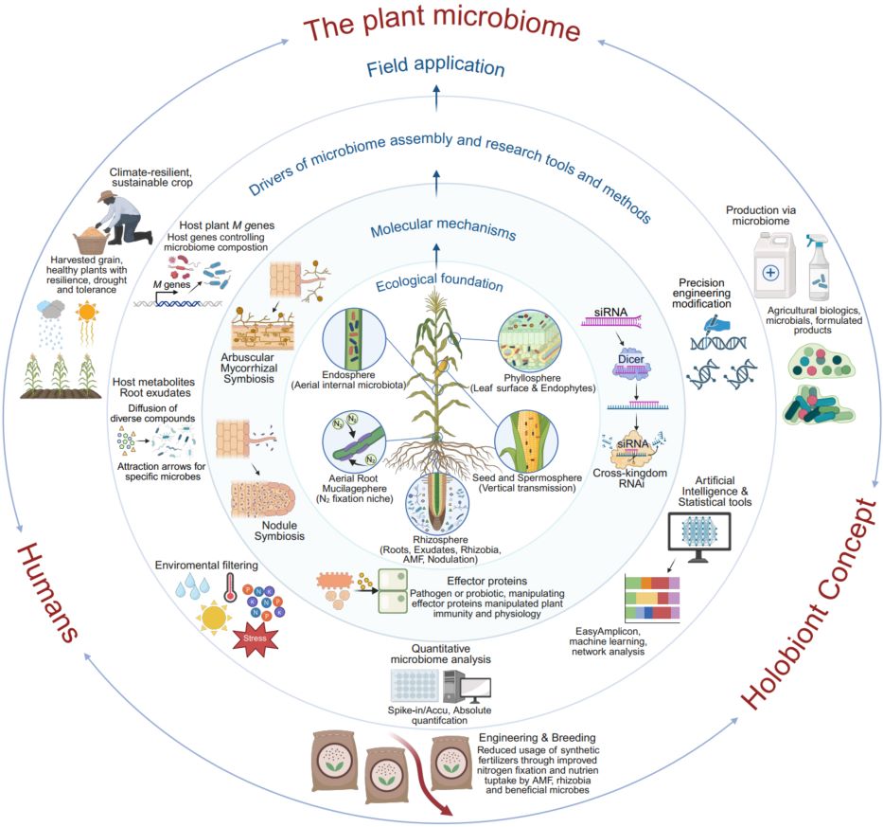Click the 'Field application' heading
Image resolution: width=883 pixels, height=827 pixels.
click(435, 66)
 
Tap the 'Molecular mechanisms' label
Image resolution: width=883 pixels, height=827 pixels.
click(443, 228)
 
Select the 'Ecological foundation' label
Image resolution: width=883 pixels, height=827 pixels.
click(439, 281)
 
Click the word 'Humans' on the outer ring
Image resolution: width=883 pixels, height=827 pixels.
click(48, 592)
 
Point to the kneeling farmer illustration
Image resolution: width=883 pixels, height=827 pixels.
click(124, 217)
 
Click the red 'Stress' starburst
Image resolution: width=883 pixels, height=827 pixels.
click(256, 638)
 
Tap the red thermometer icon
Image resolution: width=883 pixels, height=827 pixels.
click(230, 588)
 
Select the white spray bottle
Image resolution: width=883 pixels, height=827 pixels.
click(819, 267)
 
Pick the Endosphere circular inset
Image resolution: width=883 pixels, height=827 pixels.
click(354, 339)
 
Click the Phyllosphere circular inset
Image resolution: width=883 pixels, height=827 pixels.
click(530, 341)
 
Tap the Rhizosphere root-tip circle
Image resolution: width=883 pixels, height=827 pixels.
click(437, 503)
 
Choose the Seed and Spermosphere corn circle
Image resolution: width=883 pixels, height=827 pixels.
click(526, 440)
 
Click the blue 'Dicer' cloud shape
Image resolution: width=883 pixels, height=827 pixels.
click(631, 363)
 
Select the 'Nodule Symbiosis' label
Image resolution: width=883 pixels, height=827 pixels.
click(279, 530)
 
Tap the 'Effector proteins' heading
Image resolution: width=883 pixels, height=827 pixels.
click(487, 581)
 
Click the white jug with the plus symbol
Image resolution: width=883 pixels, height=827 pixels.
click(774, 265)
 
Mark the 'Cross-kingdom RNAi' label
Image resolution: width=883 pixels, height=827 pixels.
click(630, 478)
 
